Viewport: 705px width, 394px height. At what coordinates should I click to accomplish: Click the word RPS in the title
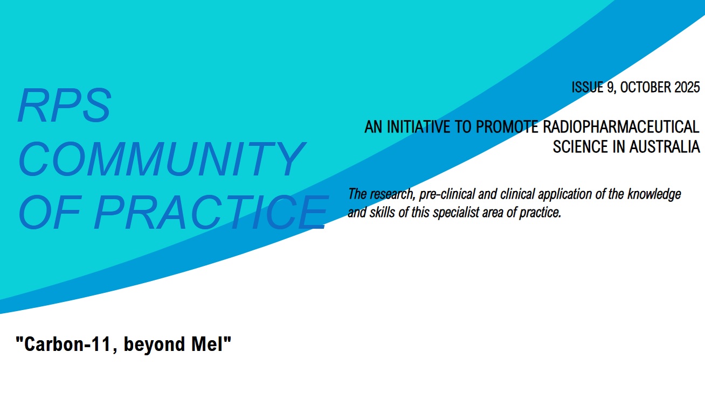pyautogui.click(x=65, y=106)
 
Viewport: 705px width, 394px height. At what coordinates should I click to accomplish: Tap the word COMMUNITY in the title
pyautogui.click(x=161, y=159)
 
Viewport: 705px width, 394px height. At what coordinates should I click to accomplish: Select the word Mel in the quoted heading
pyautogui.click(x=208, y=344)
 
